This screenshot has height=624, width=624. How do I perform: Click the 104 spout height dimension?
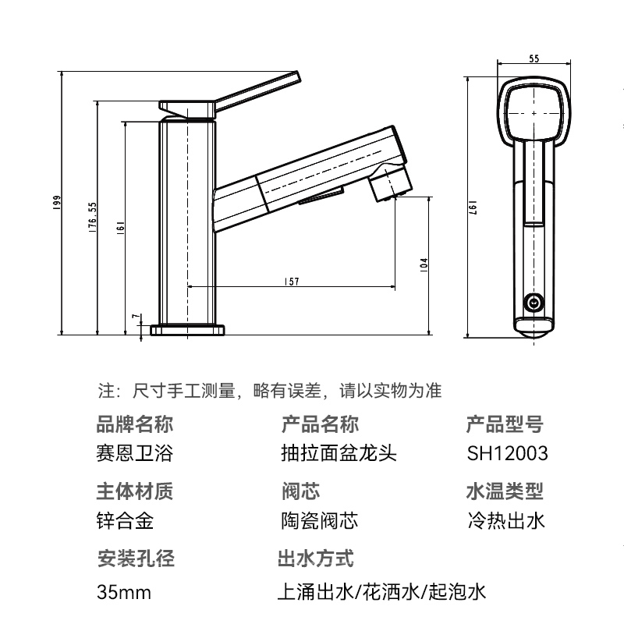tap(424, 265)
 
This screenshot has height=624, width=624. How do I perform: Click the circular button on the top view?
tap(534, 300)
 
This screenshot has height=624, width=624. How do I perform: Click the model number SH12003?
tap(507, 453)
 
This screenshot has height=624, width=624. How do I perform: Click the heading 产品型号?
tap(505, 425)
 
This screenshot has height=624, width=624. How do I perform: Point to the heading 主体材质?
tap(133, 491)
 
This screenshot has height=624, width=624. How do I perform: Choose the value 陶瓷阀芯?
tap(319, 520)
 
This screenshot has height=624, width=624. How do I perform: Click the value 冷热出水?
tap(505, 520)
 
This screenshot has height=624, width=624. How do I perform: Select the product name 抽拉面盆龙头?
tap(339, 453)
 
